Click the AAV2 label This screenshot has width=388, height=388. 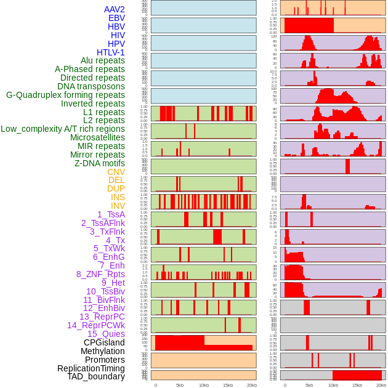click(x=115, y=9)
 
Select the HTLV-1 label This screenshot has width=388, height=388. click(x=111, y=52)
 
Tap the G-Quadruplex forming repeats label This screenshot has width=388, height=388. click(x=65, y=95)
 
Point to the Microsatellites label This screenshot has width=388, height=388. click(x=97, y=137)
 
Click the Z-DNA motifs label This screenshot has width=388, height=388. click(x=100, y=163)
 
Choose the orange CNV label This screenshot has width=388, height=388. click(x=116, y=172)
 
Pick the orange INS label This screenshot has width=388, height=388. click(x=118, y=197)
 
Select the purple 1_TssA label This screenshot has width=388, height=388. click(x=111, y=214)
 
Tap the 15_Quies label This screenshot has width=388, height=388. click(x=105, y=334)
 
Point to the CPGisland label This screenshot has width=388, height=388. click(x=104, y=342)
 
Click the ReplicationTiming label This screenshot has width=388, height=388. click(x=91, y=368)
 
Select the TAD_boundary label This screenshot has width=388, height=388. click(x=96, y=376)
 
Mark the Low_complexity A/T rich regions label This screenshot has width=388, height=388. click(x=63, y=129)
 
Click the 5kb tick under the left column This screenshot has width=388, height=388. click(x=180, y=385)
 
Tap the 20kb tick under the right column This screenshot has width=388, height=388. click(x=381, y=385)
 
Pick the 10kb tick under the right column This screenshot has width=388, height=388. click(x=333, y=385)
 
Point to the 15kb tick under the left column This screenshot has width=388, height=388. click(x=227, y=385)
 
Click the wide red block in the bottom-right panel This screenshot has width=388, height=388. click(x=357, y=374)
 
